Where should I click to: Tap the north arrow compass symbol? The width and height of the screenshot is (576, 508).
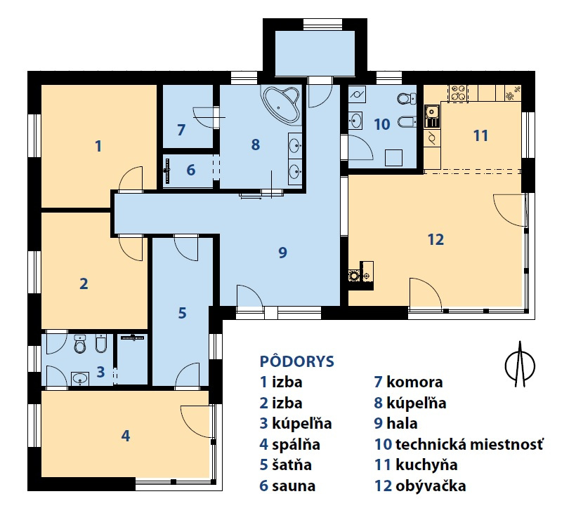(x=520, y=363)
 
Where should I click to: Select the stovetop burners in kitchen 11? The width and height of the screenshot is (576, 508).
(x=458, y=93)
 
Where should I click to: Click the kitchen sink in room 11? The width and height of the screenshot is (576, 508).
(x=432, y=116)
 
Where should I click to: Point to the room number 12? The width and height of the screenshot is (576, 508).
(x=436, y=240)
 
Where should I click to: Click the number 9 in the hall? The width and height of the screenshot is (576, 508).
(x=282, y=253)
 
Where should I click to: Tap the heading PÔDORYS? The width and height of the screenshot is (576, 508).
(x=297, y=361)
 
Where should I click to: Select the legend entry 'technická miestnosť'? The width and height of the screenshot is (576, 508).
(x=469, y=444)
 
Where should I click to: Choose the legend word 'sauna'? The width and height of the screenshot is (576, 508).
(x=294, y=486)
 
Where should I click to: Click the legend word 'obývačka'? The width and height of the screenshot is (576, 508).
(x=431, y=486)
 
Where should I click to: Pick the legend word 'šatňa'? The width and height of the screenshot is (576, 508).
(x=292, y=465)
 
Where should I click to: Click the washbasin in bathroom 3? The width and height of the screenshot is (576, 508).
(x=80, y=378)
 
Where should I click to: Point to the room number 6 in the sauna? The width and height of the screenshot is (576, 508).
(x=190, y=171)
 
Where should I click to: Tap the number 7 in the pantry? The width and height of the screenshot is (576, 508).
(x=181, y=130)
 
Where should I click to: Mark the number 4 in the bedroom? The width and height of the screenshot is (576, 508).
(x=126, y=436)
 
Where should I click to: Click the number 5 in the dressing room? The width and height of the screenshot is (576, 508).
(x=182, y=313)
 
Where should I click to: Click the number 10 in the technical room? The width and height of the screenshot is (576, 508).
(x=381, y=124)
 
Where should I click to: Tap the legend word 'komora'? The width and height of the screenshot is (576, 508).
(x=414, y=382)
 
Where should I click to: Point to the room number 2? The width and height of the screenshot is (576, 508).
(x=84, y=283)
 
